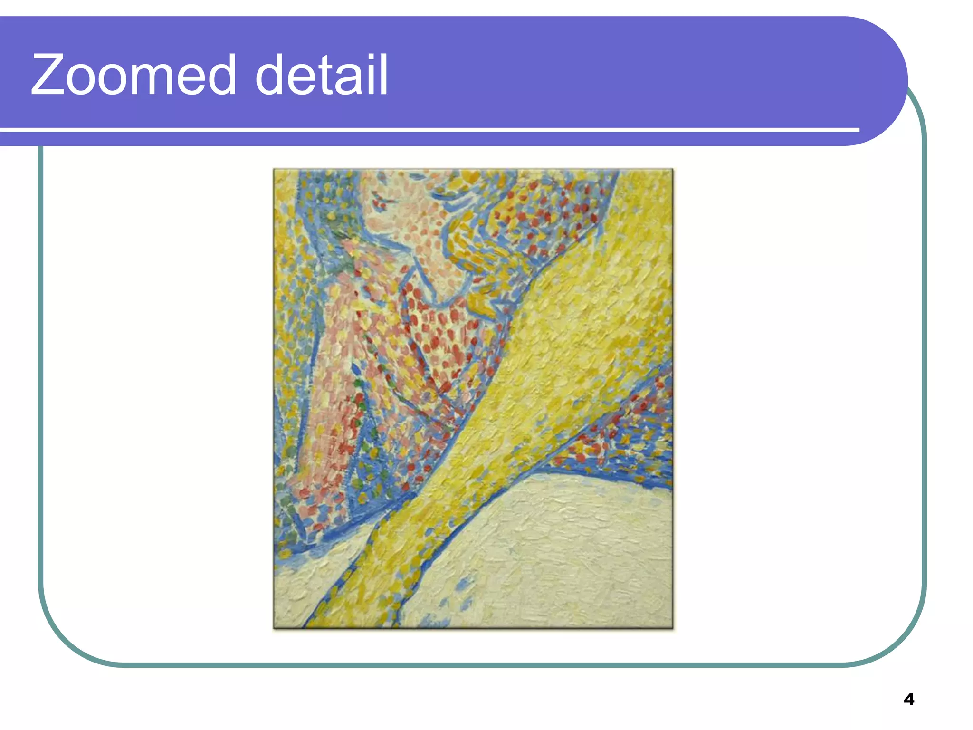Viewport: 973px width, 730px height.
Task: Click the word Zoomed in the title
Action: tap(134, 75)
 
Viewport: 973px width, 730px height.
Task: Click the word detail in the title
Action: tap(322, 75)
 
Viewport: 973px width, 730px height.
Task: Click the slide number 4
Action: tap(908, 699)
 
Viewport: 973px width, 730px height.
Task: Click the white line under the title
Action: tap(428, 129)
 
